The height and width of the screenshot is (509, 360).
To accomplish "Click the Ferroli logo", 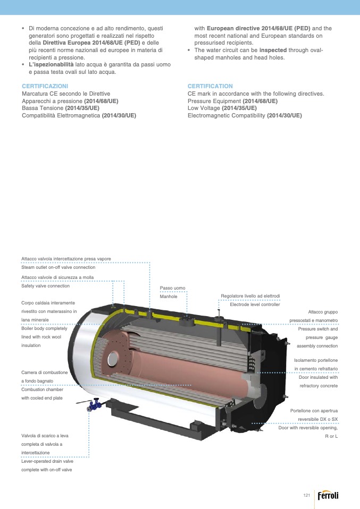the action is (328, 495).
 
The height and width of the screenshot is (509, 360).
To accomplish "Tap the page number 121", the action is (306, 495).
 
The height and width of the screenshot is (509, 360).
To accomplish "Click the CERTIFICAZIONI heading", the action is (45, 86).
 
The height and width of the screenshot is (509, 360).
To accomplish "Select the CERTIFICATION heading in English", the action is (210, 86).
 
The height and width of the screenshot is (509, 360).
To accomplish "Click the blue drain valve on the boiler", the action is (94, 405).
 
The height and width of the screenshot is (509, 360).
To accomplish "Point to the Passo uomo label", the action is (172, 288).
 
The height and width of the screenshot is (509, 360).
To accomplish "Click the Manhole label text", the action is (169, 296).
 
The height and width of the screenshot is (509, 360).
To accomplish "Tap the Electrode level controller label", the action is (255, 304).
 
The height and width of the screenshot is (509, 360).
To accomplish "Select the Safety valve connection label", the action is (46, 286).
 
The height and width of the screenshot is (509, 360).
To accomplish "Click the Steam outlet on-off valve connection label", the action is (58, 267).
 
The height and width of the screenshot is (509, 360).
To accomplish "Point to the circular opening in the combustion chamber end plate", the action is (113, 359).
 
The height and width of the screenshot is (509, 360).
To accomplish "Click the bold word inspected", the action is (273, 50).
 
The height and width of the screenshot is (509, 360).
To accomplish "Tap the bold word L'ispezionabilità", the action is (52, 64).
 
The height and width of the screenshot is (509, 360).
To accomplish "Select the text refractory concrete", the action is (319, 386).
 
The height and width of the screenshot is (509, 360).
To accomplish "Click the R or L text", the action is (331, 436).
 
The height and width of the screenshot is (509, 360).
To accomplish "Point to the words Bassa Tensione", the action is (43, 108).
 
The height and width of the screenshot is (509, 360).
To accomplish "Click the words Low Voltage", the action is (204, 108).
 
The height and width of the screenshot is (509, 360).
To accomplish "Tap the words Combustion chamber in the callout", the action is (42, 389).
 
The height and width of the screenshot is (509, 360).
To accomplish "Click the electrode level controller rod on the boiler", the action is (220, 328).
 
